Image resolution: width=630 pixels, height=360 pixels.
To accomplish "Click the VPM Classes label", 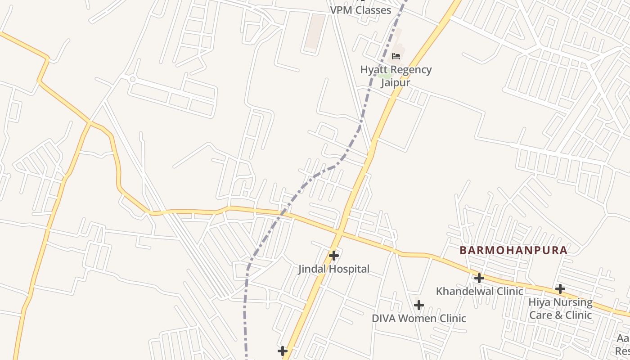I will pos(360,10).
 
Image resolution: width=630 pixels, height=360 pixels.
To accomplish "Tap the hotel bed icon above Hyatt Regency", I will pos(396,56).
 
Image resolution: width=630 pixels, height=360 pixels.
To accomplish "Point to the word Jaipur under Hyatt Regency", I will pos(396,83).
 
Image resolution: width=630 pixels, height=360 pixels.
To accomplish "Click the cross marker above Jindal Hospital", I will pos(333,256).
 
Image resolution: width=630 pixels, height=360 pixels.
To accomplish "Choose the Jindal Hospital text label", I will pos(333,269).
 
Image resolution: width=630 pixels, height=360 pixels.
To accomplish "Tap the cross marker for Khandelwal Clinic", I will pos(479,278).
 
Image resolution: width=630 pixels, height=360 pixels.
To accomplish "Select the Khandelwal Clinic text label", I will pos(479,291).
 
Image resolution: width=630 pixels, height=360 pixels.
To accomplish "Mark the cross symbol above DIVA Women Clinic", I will pos(418,305).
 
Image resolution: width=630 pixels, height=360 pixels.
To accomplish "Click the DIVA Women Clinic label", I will pos(418,319).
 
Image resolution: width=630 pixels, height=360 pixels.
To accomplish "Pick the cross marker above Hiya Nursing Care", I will pos(560,288).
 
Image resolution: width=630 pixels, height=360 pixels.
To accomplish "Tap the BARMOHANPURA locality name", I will pos(513,251).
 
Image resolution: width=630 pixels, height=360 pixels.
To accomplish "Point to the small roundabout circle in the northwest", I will pos(132,79).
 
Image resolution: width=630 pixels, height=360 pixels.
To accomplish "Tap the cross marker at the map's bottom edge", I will pos(283,351).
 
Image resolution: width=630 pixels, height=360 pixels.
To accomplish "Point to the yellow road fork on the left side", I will pos(90,122).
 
